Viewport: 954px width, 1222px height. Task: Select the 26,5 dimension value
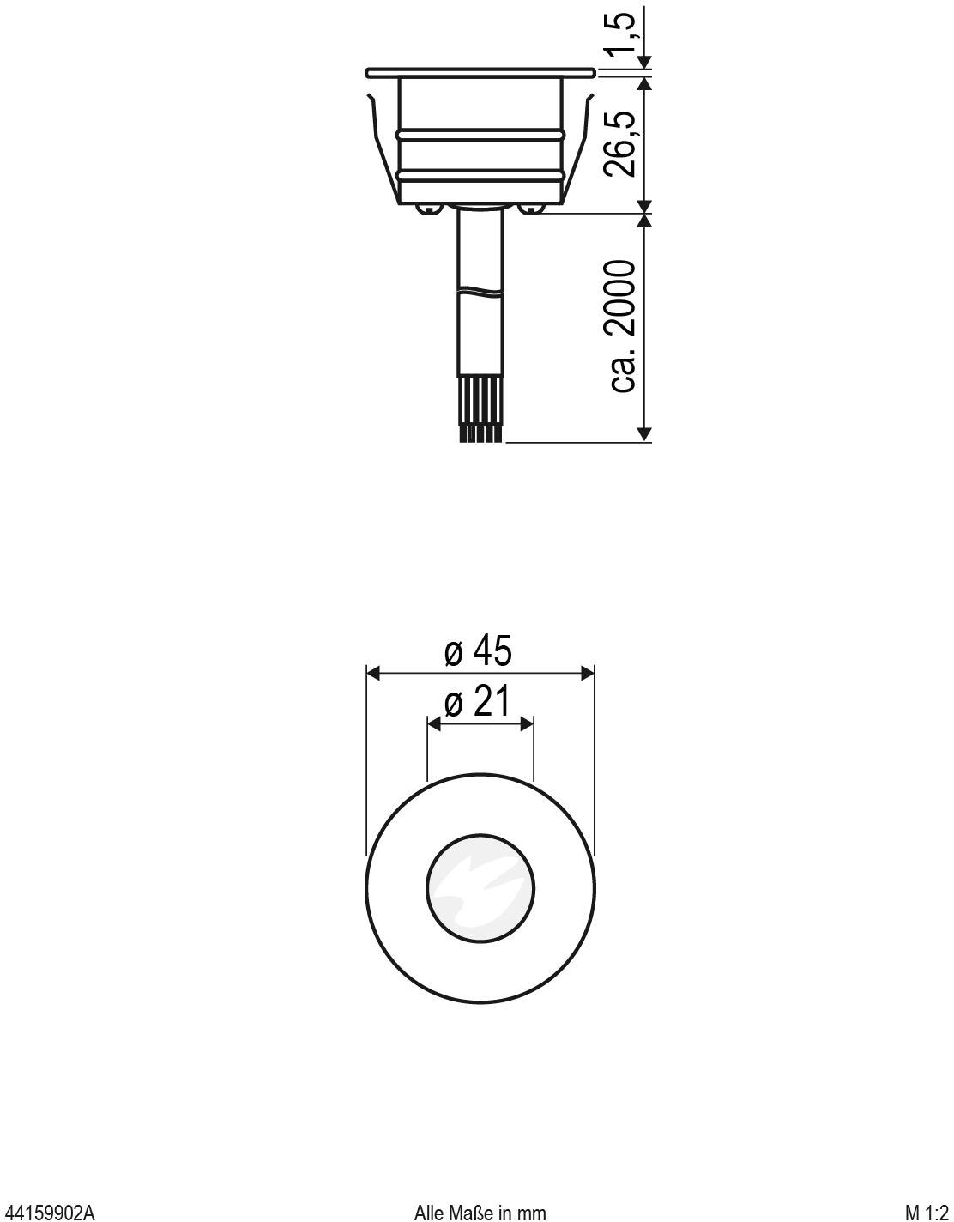621,144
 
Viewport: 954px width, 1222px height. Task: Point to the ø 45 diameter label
478,651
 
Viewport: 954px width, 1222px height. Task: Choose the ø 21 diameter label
478,703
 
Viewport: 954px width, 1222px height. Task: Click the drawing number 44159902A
47,1212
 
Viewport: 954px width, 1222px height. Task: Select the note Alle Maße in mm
480,1212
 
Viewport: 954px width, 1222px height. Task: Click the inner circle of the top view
480,886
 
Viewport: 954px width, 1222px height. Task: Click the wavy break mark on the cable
480,290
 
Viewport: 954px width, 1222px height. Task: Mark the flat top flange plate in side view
480,71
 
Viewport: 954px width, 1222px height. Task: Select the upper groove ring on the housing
480,135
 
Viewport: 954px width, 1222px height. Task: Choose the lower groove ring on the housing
480,175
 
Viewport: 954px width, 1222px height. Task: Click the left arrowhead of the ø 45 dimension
373,673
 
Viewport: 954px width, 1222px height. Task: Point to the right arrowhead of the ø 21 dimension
528,724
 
